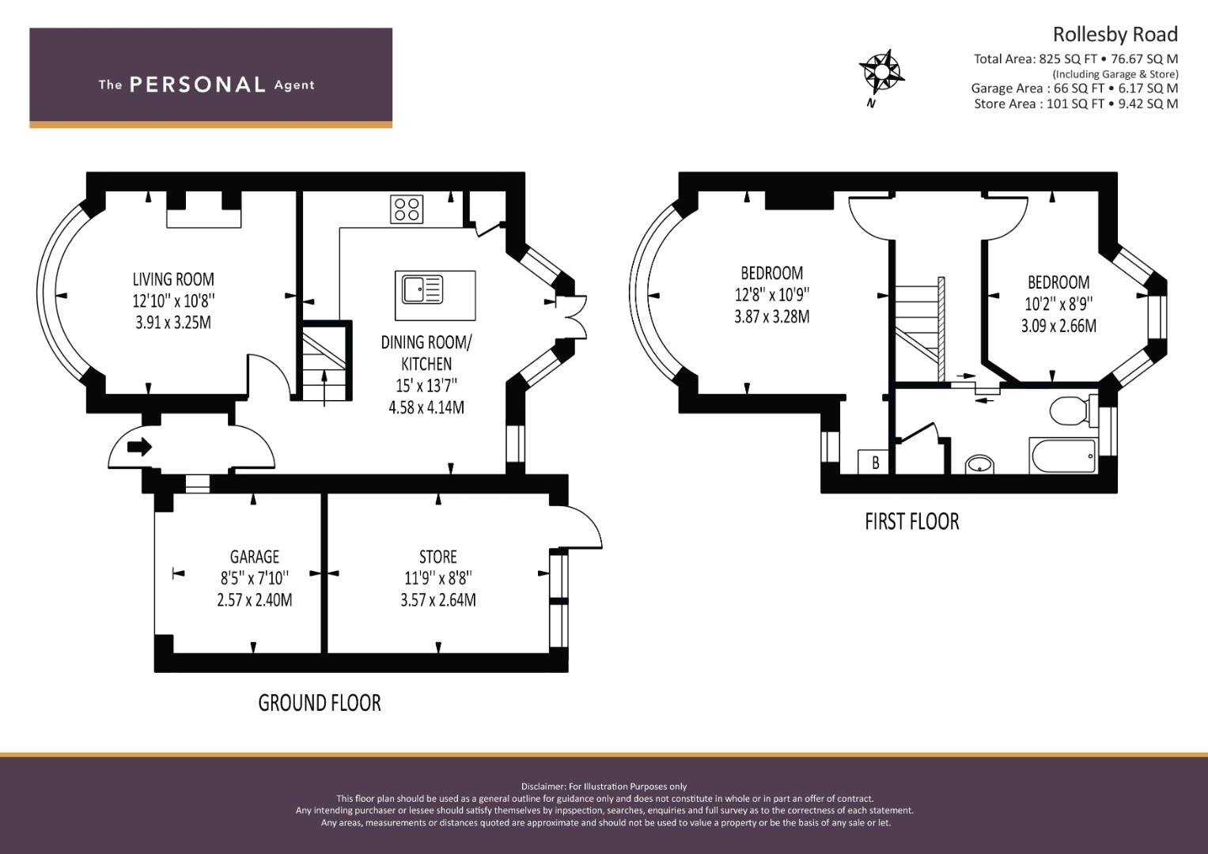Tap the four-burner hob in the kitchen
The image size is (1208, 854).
(x=407, y=210)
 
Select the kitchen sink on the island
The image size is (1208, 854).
(x=422, y=289)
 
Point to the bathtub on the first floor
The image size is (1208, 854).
(x=1063, y=455)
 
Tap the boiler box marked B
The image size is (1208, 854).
(x=873, y=462)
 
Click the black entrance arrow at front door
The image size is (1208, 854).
(x=140, y=447)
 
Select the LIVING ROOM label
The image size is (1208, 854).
(x=173, y=279)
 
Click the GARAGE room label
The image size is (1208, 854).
(x=255, y=557)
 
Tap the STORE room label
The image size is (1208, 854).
(x=438, y=557)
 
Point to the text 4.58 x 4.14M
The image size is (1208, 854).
(x=426, y=407)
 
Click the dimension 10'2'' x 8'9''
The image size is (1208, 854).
(x=1058, y=304)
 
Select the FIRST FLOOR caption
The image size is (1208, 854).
(x=912, y=521)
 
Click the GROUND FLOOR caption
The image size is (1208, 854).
(x=320, y=702)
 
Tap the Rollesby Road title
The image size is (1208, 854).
(x=1115, y=35)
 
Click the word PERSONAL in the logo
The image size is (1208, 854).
(x=198, y=85)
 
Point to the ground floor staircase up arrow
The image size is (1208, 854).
(x=324, y=388)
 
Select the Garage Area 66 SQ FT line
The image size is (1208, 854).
(x=1075, y=88)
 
